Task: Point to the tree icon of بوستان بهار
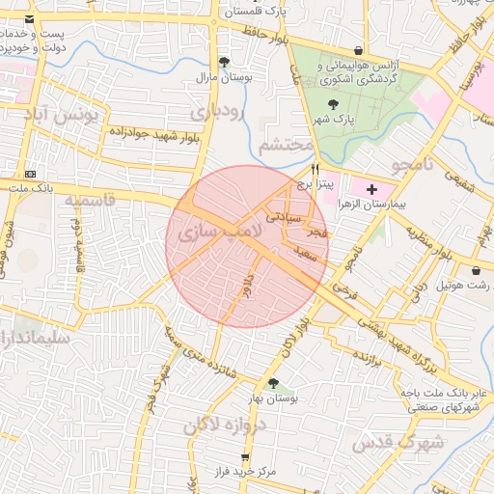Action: click(x=273, y=383)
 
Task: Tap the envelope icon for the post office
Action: click(x=31, y=19)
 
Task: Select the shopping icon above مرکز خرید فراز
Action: click(x=244, y=457)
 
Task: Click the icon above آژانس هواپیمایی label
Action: click(x=359, y=51)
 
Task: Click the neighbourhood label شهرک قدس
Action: click(x=397, y=443)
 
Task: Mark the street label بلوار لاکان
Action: click(x=289, y=333)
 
